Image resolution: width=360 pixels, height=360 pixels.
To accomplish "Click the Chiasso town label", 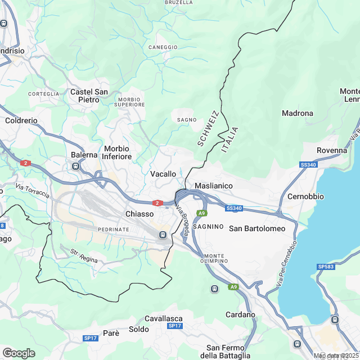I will [139, 214].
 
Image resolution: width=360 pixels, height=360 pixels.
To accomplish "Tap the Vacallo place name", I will [163, 174].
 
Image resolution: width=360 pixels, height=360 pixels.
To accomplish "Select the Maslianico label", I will [213, 186].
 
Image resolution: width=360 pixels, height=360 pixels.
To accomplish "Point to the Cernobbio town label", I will [305, 197].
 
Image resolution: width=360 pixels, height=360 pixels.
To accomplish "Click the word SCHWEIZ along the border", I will [207, 129].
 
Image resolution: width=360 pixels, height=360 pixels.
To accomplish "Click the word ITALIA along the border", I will [230, 139].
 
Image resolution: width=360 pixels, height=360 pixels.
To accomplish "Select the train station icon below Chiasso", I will [163, 235].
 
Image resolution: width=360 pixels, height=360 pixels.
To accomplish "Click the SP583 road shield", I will [326, 266].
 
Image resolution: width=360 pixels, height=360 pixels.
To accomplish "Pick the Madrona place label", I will [297, 113].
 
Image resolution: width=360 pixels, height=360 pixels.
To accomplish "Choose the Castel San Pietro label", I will [89, 96].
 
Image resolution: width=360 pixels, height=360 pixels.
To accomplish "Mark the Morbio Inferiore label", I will [118, 152].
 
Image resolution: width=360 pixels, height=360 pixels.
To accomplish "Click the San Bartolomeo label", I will [257, 228].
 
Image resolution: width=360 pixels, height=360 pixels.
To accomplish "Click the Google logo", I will [19, 353].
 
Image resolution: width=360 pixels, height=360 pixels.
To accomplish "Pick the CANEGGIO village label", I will [163, 47].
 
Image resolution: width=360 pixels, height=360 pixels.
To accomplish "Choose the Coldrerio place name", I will [21, 120].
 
